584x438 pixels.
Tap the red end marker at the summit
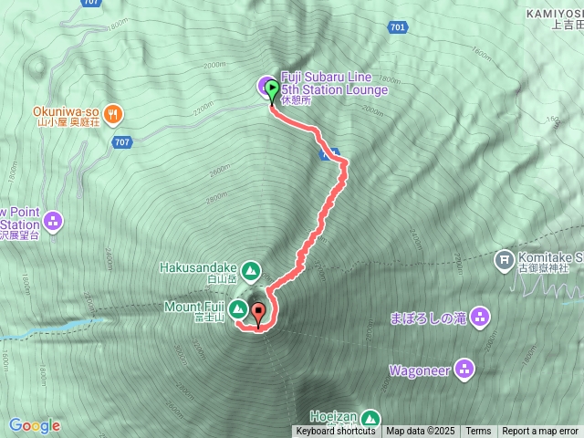pyautogui.click(x=258, y=313)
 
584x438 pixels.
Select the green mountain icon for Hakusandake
pyautogui.click(x=250, y=271)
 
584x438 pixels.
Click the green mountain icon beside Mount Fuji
pyautogui.click(x=237, y=308)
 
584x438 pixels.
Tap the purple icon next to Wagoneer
pyautogui.click(x=465, y=370)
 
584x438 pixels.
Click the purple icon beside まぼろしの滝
pyautogui.click(x=481, y=318)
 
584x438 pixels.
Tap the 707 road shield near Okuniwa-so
pyautogui.click(x=122, y=142)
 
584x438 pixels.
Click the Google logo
pyautogui.click(x=35, y=425)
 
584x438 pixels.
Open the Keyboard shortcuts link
pyautogui.click(x=335, y=432)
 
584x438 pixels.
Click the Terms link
pyautogui.click(x=478, y=432)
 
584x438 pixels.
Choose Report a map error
pyautogui.click(x=540, y=432)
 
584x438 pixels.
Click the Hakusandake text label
pyautogui.click(x=197, y=267)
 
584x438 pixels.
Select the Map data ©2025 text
pyautogui.click(x=420, y=432)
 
